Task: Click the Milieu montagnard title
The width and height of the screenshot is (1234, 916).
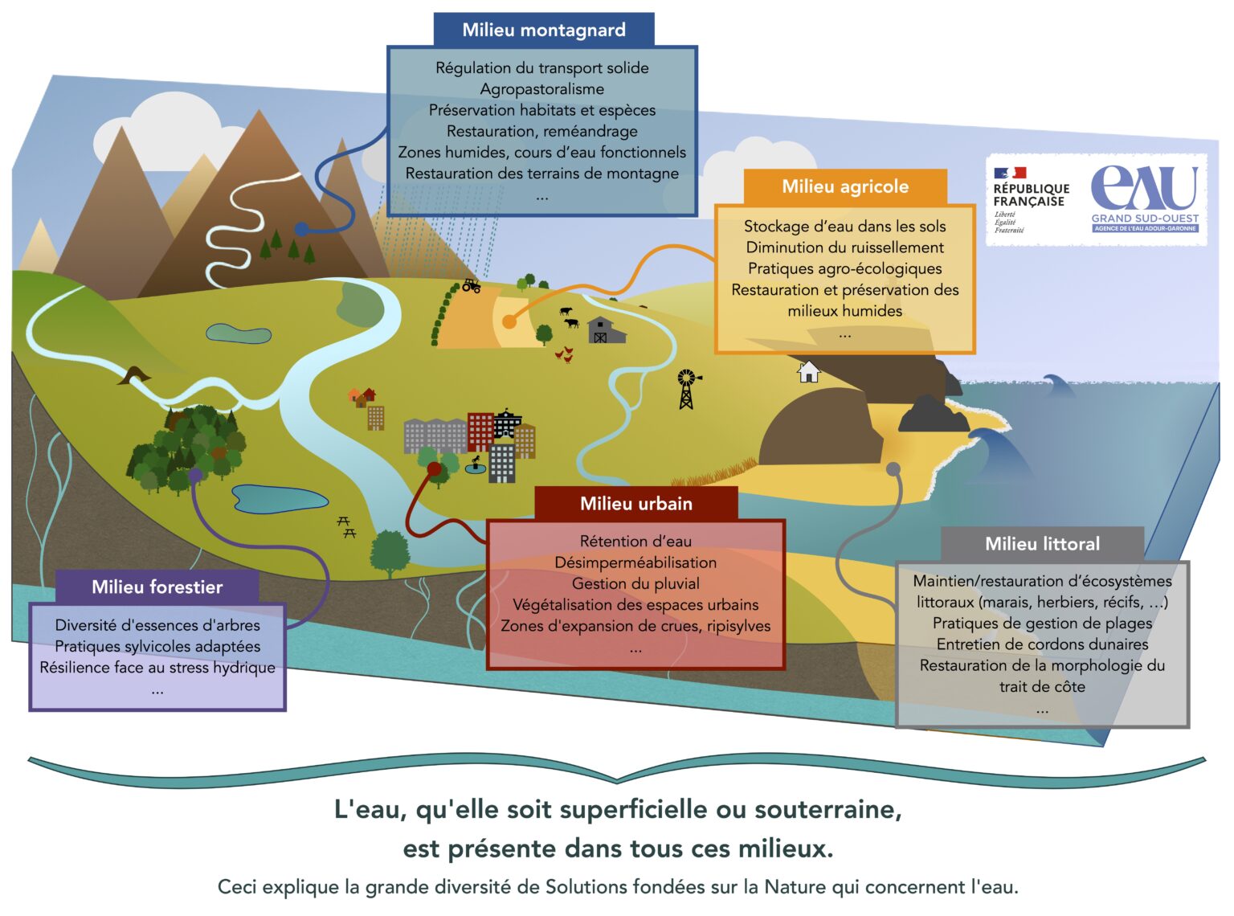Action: point(543,31)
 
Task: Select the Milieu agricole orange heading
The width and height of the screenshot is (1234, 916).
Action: point(845,186)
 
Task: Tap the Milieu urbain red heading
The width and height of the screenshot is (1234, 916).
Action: point(635,504)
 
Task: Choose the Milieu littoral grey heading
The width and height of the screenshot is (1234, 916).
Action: point(1042,544)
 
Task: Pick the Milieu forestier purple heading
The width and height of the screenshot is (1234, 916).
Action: point(157,587)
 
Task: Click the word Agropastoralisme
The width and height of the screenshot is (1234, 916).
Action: point(542,89)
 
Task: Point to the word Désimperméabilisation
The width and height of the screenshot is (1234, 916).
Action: point(635,562)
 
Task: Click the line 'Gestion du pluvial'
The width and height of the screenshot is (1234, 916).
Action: point(635,583)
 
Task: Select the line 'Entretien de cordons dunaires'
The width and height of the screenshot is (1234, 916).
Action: point(1042,644)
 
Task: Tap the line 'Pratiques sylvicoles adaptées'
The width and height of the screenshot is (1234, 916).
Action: point(157,646)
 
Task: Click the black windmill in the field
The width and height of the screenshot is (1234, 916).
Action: point(687,389)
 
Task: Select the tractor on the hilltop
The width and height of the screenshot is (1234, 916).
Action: point(471,285)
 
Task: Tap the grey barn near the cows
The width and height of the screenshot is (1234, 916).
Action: point(605,330)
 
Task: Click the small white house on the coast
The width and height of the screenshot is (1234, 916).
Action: point(808,371)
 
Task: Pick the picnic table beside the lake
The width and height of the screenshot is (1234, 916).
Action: point(346,527)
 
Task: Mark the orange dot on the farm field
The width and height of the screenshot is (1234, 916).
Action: point(509,321)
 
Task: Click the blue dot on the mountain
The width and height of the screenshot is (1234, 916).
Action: point(301,229)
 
